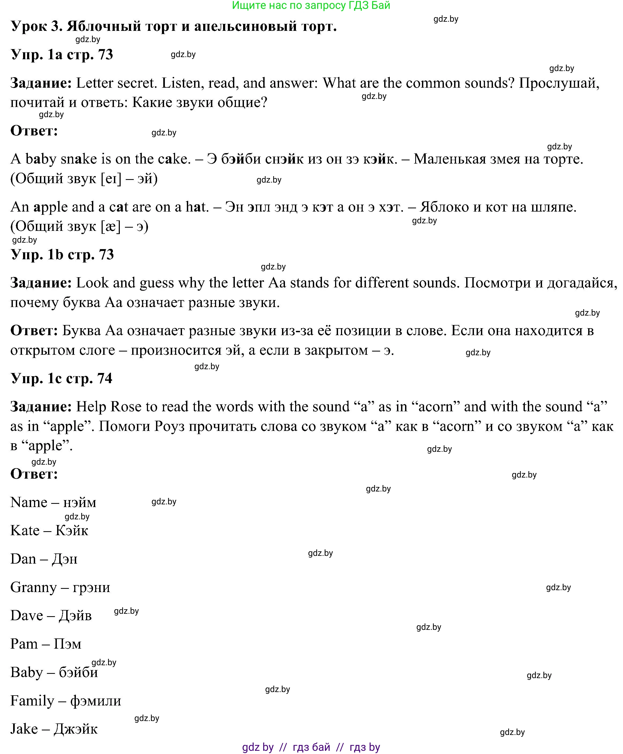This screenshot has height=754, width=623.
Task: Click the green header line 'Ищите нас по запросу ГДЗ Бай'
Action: pos(311,5)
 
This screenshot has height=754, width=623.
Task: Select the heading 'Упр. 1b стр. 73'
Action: pos(62,254)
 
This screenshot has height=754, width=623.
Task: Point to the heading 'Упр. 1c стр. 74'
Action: pos(61,378)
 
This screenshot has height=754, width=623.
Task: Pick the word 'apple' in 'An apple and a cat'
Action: pos(50,207)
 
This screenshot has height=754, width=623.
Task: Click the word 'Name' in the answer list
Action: pos(29,502)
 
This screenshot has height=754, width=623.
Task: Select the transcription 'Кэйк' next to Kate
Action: pos(72,530)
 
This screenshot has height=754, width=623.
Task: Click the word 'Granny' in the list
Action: pos(33,587)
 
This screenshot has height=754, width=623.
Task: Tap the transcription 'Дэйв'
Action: pos(75,615)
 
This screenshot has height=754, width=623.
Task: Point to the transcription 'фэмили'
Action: pos(95,701)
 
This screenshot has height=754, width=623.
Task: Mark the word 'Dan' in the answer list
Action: pos(23,559)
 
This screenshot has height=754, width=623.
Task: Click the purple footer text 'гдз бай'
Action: pos(311,747)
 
